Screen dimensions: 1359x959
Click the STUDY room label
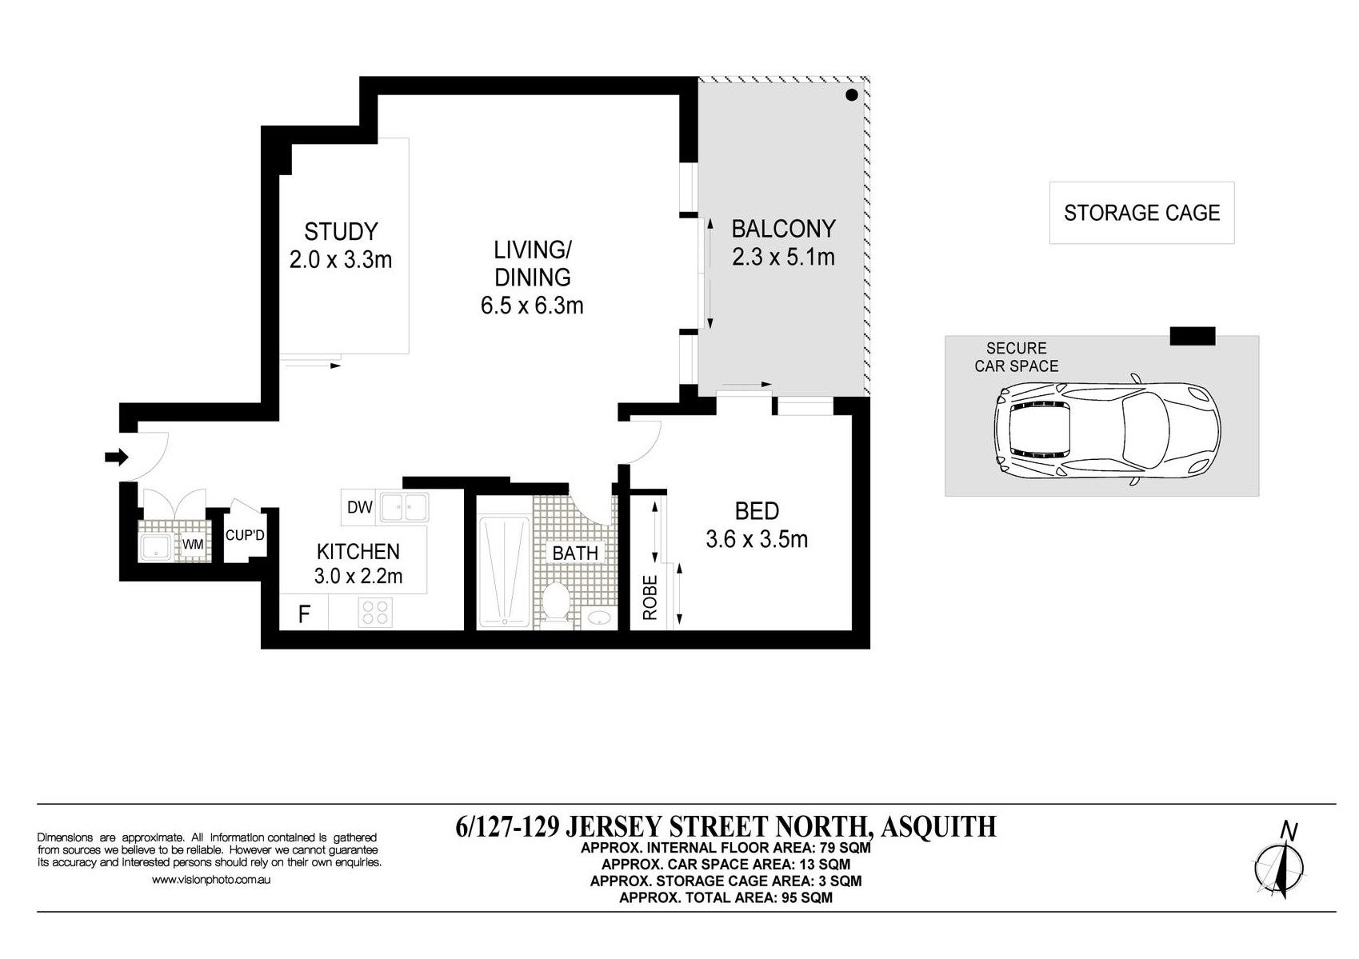(x=341, y=232)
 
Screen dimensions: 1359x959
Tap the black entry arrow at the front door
(x=117, y=457)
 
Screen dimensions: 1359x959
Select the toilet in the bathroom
(x=555, y=602)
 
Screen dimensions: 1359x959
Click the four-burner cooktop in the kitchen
(x=376, y=612)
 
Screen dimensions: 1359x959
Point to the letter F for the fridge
(x=304, y=614)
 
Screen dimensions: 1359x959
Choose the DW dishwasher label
(x=360, y=507)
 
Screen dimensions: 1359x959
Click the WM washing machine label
(x=193, y=545)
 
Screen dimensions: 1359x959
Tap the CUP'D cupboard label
(x=245, y=536)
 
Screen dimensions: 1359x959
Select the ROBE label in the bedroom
(x=650, y=597)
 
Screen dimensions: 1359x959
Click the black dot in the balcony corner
(x=852, y=94)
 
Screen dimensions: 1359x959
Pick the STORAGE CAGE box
(x=1141, y=213)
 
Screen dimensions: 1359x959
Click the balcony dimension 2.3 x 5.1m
(x=783, y=258)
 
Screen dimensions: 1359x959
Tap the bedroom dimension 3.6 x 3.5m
(x=757, y=539)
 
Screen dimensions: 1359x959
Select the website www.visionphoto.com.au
(x=211, y=880)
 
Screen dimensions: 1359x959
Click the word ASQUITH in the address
(x=938, y=826)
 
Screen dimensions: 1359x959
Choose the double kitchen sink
(x=403, y=507)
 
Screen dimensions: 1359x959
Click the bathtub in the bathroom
(x=504, y=571)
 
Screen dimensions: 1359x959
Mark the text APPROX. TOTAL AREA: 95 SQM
(x=725, y=897)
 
